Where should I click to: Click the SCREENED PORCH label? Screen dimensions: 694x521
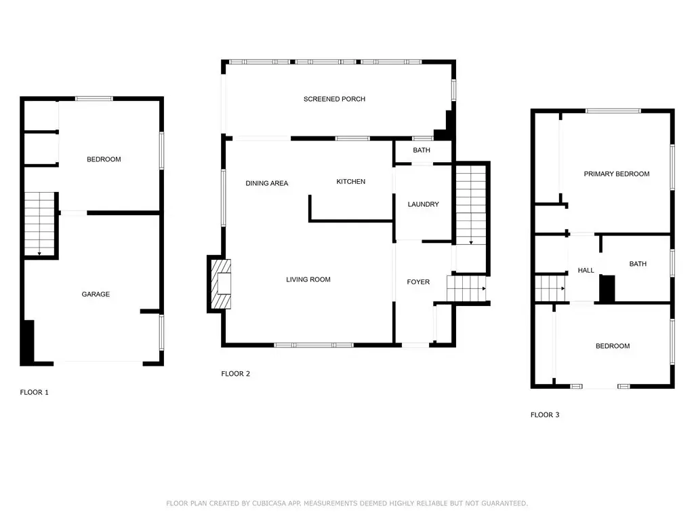334,99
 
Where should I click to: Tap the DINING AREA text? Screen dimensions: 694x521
266,183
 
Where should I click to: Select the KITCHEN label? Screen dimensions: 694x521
350,181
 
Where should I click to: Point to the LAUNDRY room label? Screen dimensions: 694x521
423,204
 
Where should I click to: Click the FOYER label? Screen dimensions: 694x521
418,282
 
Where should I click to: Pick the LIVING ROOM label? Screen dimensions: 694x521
308,279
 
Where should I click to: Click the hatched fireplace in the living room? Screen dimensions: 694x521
221,284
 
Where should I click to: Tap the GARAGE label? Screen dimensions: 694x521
96,294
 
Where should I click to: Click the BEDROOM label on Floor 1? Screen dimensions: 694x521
104,159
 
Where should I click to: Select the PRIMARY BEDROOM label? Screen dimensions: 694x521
617,174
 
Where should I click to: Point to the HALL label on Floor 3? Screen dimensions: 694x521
586,270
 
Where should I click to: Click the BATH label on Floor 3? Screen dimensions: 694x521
638,264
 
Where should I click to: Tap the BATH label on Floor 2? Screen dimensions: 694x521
422,150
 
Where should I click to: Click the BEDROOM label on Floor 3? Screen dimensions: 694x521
613,345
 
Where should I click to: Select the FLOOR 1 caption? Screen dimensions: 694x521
34,392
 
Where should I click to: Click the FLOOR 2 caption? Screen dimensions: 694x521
235,374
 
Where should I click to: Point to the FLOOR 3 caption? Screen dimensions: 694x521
545,414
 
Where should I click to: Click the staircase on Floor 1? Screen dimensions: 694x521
39,224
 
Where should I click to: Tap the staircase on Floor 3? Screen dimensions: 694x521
550,288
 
